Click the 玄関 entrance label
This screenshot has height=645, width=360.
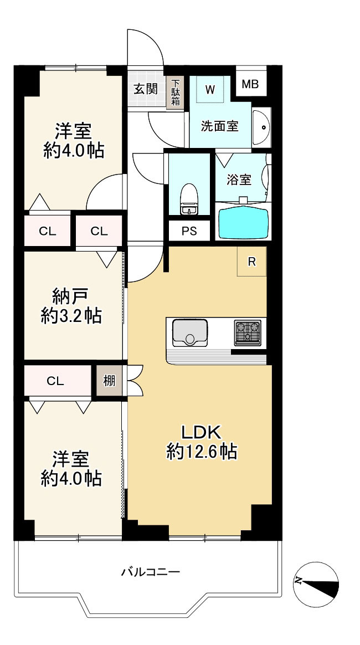coord(146,89)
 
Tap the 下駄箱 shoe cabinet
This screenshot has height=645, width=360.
coord(176,92)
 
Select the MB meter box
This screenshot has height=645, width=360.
coord(250,85)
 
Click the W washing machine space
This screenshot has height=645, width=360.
coord(210,89)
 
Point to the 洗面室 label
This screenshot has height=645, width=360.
coord(220,126)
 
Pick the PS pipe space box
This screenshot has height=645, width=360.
coord(189,232)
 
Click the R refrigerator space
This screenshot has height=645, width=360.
coord(251,262)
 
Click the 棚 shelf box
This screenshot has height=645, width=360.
coord(109,381)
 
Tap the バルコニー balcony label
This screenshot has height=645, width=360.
coord(151,571)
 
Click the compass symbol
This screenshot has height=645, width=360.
coord(316,583)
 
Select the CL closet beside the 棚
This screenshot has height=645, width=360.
coord(55,381)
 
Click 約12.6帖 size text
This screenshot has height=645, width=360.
coord(202,452)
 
